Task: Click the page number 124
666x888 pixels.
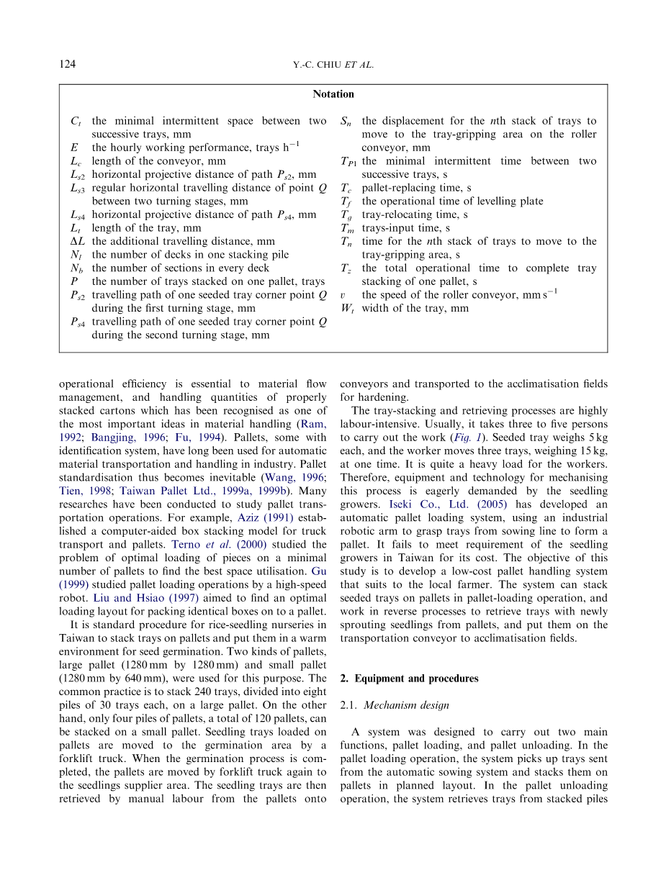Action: (67, 65)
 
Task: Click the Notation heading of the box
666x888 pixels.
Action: (333, 94)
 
